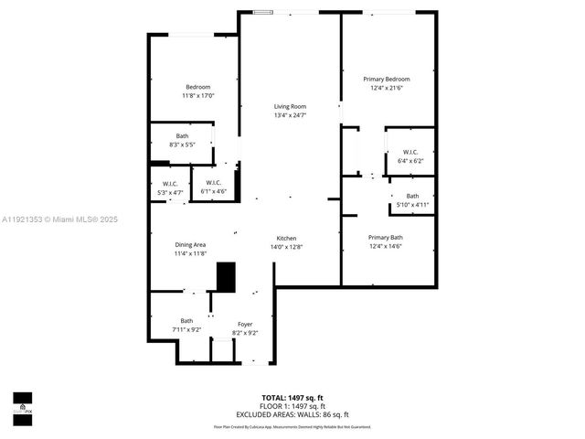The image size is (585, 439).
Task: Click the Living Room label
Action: click(x=290, y=106)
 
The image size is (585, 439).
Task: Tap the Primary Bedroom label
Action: click(x=389, y=79)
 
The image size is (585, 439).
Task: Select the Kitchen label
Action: click(x=287, y=237)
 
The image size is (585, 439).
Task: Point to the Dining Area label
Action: click(x=190, y=244)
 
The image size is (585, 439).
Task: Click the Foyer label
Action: click(x=245, y=324)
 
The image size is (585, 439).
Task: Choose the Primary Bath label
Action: click(x=385, y=237)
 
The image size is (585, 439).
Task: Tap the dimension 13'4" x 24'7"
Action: click(x=290, y=116)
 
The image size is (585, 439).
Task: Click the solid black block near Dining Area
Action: click(x=225, y=277)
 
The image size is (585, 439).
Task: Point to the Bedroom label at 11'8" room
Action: click(x=197, y=87)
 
